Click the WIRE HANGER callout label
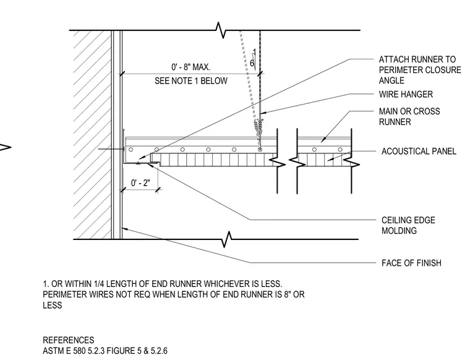tap(406, 95)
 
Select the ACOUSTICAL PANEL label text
tap(419, 151)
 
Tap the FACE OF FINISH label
tap(411, 263)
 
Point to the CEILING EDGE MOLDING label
tap(408, 225)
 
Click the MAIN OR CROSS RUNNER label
tap(409, 117)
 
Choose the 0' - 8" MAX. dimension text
tap(190, 67)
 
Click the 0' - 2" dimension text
tap(140, 182)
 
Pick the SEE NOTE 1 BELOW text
tap(191, 81)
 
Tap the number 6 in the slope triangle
tap(252, 63)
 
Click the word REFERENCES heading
tap(69, 340)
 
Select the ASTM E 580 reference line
tap(105, 351)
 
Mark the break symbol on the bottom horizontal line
tap(227, 239)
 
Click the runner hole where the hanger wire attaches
tap(260, 149)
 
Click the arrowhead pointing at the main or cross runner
tap(323, 140)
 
